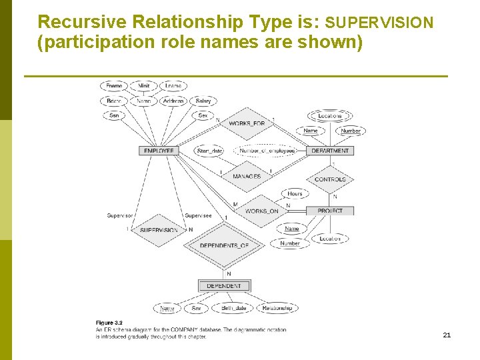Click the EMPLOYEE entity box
pos(159,151)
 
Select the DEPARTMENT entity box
pos(330,151)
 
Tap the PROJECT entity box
pos(330,211)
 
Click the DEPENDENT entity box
pos(224,286)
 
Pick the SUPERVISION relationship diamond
pos(159,230)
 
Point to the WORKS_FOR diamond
pos(247,124)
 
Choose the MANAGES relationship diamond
pos(247,177)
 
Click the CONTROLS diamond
pos(330,179)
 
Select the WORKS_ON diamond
pos(261,211)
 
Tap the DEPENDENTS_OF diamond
pos(224,245)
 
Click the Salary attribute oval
pos(203,101)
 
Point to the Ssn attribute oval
pos(114,115)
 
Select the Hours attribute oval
pos(295,194)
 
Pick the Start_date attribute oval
pos(209,151)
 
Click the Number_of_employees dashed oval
pos(267,151)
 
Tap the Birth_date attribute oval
pos(233,308)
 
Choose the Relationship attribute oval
pos(277,308)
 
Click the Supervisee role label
pos(198,215)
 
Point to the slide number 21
pos(447,335)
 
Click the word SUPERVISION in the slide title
pos(380,23)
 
